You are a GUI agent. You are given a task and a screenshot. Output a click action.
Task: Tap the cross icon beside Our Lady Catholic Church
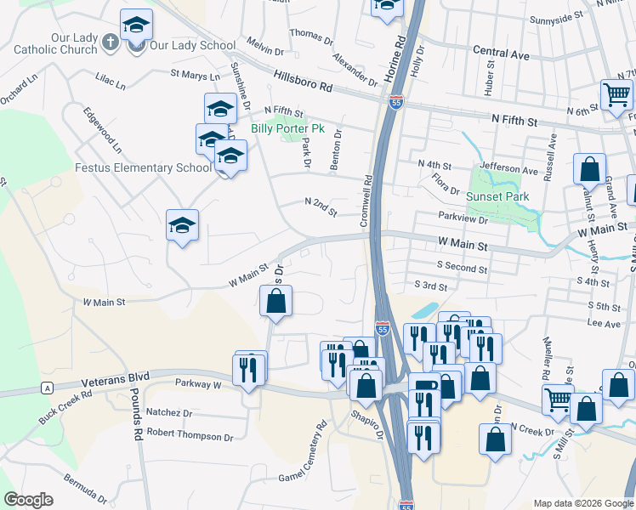tap(110, 42)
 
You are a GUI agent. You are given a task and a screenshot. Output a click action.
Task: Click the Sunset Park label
tap(497, 196)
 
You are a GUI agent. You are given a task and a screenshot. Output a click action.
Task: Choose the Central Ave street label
tap(501, 54)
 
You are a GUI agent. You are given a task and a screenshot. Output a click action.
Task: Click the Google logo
tap(28, 500)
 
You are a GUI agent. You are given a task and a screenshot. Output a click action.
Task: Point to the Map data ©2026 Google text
tap(582, 503)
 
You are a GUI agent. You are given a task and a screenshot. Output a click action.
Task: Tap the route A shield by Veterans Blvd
tap(46, 388)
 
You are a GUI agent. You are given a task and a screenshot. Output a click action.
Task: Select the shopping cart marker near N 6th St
tap(616, 95)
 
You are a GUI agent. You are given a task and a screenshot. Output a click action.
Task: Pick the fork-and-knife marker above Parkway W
tap(248, 371)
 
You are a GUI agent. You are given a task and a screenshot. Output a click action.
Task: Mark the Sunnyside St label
tap(556, 16)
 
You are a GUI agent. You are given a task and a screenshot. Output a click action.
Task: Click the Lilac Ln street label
tap(110, 85)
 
